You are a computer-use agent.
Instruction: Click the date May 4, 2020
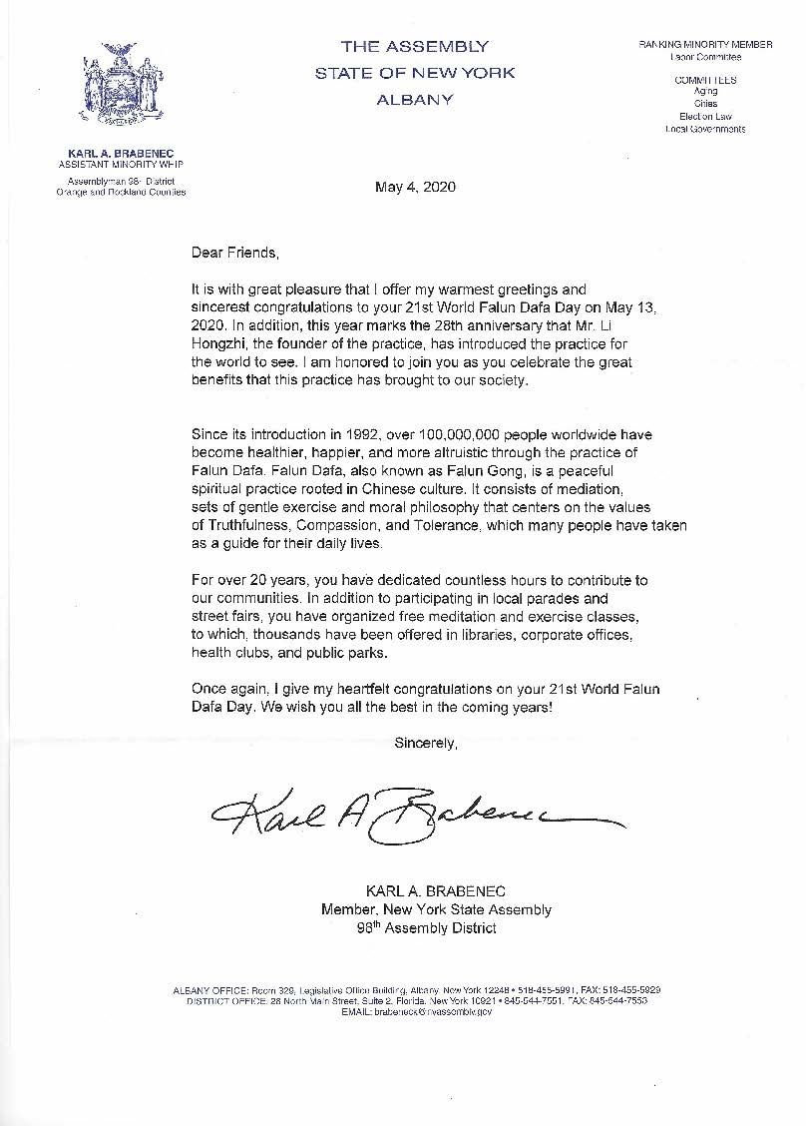click(415, 187)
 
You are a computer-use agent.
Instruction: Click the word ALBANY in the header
click(415, 99)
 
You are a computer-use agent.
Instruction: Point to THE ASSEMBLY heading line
click(415, 46)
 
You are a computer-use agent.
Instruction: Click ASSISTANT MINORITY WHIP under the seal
click(121, 163)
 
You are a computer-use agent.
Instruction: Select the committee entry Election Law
click(705, 117)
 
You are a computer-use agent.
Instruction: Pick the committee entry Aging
click(705, 92)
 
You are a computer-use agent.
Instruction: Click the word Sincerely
click(426, 742)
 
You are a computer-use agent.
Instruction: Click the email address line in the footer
click(417, 1011)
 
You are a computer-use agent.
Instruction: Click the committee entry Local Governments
click(705, 129)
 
